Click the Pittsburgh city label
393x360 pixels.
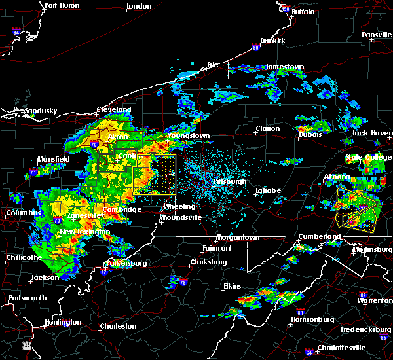[x=230, y=181]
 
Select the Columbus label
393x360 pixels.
[x=24, y=213]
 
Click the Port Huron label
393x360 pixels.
[x=62, y=5]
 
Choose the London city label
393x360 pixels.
[x=139, y=6]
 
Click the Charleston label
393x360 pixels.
[x=118, y=326]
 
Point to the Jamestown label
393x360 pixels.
[x=284, y=67]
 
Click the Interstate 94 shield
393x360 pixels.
[x=16, y=31]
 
